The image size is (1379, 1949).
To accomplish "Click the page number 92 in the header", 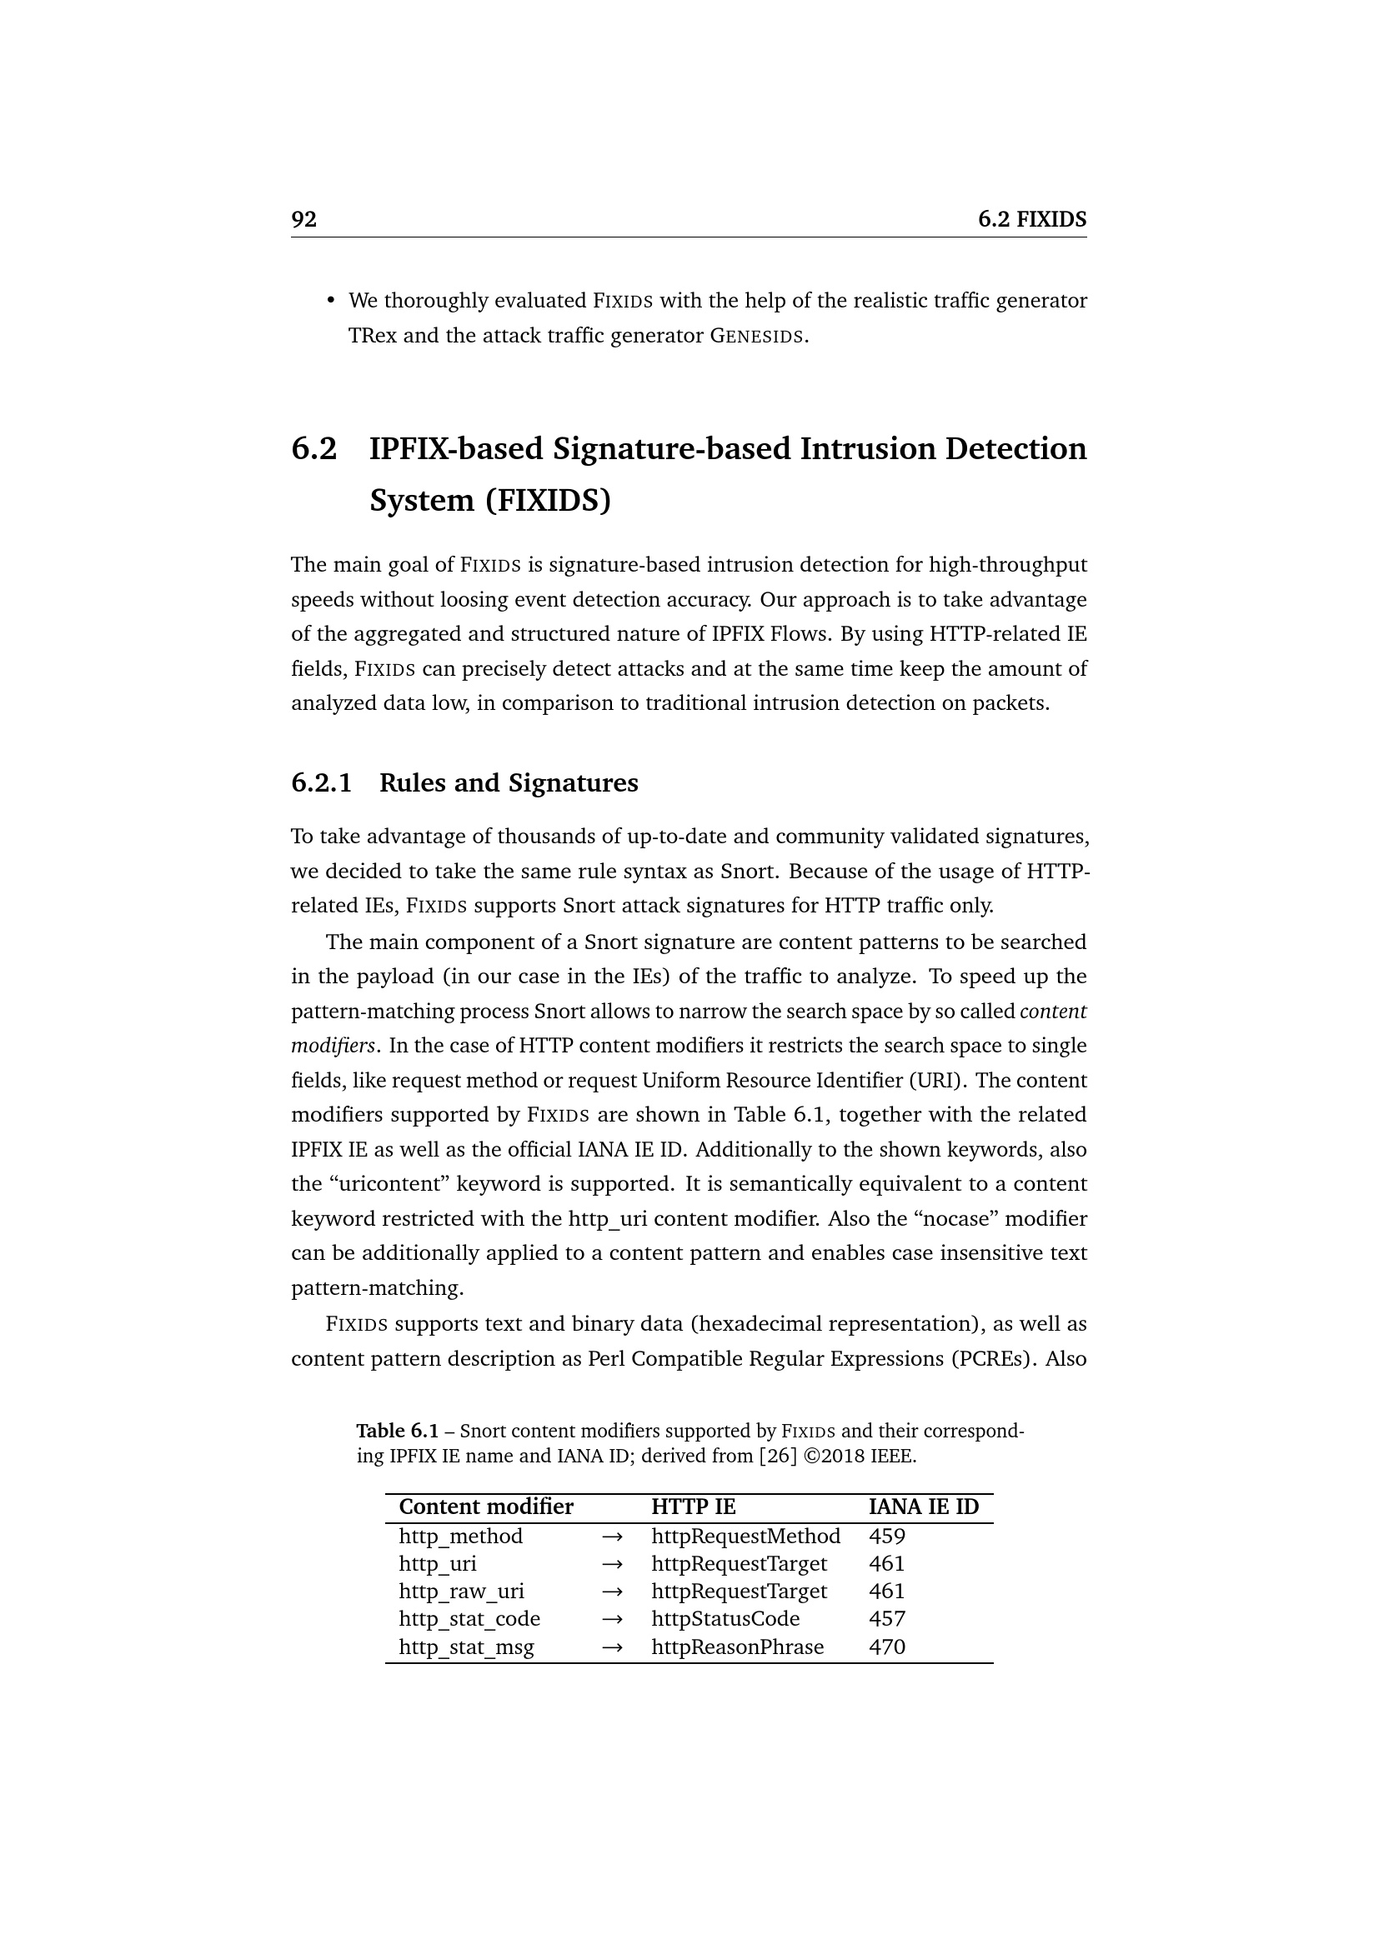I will (304, 219).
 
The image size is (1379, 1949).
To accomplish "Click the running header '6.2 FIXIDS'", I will (1031, 219).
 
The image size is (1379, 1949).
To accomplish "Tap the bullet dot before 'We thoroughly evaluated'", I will (331, 302).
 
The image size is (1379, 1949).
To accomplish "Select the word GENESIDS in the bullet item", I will (755, 336).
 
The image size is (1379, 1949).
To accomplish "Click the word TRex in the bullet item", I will (372, 336).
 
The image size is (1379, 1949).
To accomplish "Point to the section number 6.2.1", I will (321, 782).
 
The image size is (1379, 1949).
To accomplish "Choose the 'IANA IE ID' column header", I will (923, 1507).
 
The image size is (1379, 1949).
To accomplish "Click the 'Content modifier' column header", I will (486, 1507).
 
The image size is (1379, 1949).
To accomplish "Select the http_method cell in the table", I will (460, 1537).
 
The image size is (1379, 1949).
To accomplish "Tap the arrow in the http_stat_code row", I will (612, 1620).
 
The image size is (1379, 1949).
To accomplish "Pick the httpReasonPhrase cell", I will (737, 1647).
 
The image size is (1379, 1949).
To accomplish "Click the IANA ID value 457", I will (886, 1620).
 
